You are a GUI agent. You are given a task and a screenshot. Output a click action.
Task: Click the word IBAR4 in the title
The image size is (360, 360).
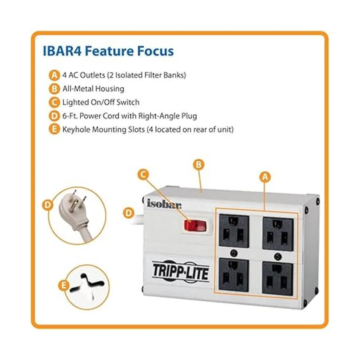tap(62, 51)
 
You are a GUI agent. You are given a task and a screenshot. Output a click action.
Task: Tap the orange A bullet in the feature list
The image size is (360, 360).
tap(54, 76)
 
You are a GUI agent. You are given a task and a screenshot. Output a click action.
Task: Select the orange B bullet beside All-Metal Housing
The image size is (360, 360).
tap(54, 89)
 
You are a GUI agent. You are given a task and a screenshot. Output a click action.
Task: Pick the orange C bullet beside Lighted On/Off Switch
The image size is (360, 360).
tap(54, 103)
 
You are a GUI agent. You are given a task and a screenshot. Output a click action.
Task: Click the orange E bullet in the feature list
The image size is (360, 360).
tap(54, 130)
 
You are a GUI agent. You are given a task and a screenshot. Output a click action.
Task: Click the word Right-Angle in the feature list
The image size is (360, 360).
tap(156, 116)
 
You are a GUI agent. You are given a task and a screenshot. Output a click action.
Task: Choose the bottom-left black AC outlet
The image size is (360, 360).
tap(234, 275)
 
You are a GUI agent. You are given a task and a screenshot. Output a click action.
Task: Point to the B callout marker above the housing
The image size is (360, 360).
tap(198, 165)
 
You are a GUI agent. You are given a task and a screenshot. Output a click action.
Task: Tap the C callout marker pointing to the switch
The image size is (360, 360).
tap(143, 175)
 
